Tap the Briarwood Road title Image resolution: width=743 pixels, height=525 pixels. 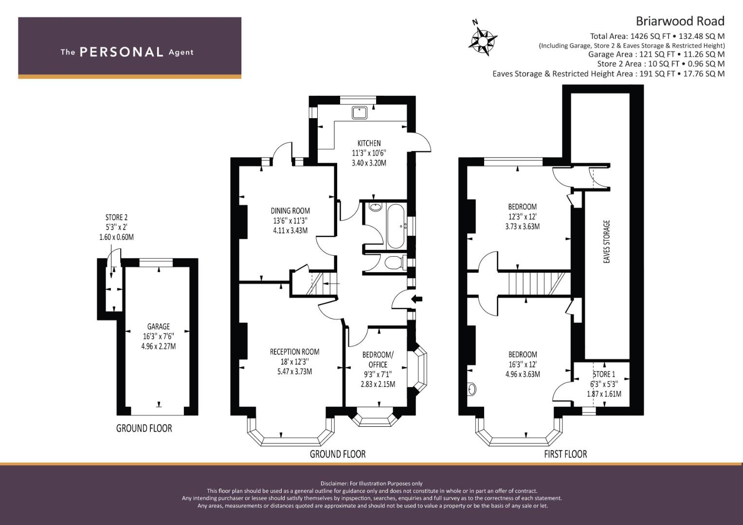click(x=680, y=21)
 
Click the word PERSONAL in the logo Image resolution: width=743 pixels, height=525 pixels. click(x=122, y=52)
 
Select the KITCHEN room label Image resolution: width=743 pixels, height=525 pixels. click(x=369, y=143)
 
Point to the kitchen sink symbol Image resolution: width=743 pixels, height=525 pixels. click(x=359, y=112)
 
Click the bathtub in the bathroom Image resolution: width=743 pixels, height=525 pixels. click(x=396, y=226)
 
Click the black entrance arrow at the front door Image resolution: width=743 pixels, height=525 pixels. click(x=417, y=299)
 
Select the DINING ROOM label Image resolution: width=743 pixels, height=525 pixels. click(x=290, y=211)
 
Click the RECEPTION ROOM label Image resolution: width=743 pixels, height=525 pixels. click(x=294, y=351)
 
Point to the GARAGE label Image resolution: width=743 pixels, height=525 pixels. click(x=159, y=327)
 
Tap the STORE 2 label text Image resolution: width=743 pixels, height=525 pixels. click(x=116, y=217)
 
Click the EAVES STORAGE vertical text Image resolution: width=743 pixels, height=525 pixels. click(x=606, y=242)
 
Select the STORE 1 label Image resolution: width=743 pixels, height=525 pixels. click(x=604, y=374)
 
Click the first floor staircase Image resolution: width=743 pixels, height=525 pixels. click(x=535, y=284)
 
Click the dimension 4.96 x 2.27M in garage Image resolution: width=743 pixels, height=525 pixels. click(x=159, y=346)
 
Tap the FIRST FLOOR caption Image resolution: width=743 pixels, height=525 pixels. click(x=565, y=454)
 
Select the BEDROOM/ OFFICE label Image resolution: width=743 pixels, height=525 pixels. click(x=378, y=360)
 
